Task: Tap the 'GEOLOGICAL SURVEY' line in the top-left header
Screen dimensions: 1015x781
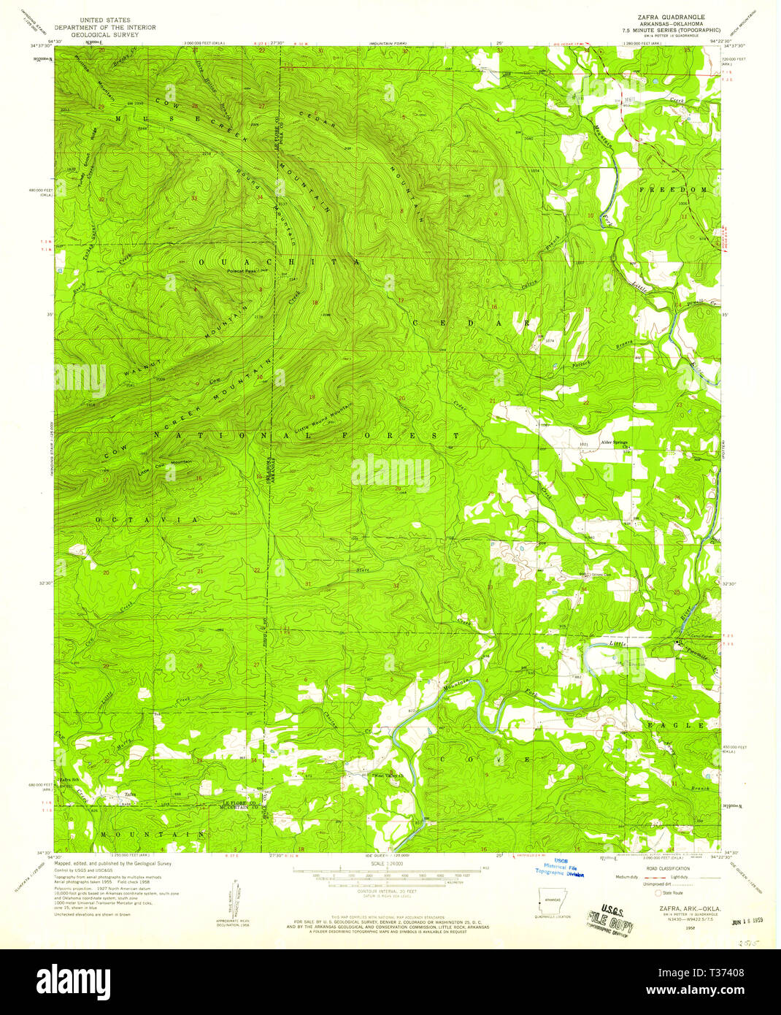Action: click(x=100, y=34)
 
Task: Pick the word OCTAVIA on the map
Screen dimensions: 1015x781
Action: click(x=145, y=519)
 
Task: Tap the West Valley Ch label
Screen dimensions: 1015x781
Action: click(x=388, y=775)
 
